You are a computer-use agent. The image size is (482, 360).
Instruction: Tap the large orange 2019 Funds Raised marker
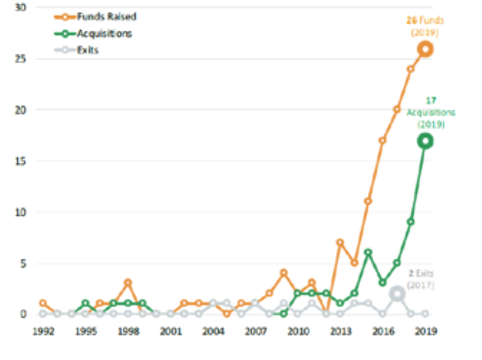pos(425,49)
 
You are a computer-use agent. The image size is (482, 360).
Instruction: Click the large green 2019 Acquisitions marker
pos(425,141)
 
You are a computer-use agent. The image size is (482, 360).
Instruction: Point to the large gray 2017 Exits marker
pos(397,294)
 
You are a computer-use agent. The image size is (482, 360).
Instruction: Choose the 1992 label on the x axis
pos(43,332)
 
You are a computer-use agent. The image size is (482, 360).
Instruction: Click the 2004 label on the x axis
pos(213,332)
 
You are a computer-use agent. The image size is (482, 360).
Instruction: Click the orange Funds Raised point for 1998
pos(127,283)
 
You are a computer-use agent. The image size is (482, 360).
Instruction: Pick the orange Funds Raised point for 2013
pos(340,242)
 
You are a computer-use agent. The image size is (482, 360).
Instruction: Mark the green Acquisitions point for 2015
pos(369,252)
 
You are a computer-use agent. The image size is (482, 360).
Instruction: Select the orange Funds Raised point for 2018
pos(411,69)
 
